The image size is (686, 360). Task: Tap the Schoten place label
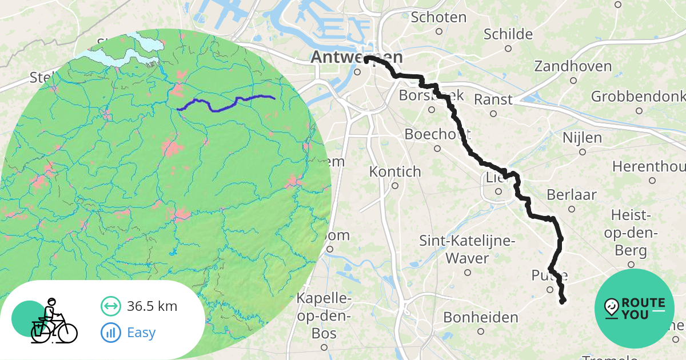(x=438, y=17)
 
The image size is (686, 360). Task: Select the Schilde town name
(x=508, y=34)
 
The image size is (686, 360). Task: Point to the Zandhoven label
(x=573, y=66)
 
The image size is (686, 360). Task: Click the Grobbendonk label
(x=637, y=96)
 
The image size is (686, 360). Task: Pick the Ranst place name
(x=493, y=99)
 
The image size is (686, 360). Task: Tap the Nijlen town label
(x=582, y=138)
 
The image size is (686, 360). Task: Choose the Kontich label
(x=395, y=171)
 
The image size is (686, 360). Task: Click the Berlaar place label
(x=572, y=195)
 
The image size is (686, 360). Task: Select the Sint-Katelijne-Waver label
(x=468, y=249)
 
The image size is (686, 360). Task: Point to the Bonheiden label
(x=481, y=317)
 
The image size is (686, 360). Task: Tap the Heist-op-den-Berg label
(x=631, y=233)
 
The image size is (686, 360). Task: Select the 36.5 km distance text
(x=153, y=306)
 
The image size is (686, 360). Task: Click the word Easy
(x=141, y=332)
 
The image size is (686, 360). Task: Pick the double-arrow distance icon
(x=111, y=306)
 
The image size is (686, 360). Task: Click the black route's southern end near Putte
(x=563, y=301)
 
